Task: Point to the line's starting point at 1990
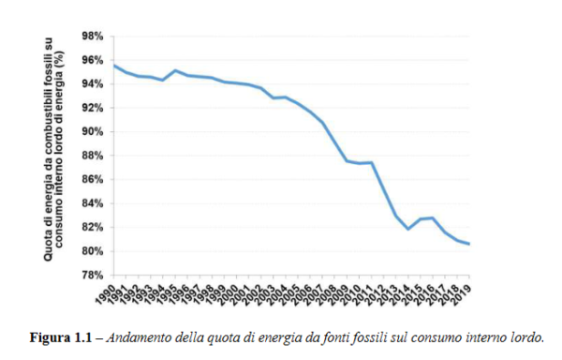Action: coord(113,65)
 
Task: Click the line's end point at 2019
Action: coord(469,244)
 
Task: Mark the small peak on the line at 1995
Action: coord(175,70)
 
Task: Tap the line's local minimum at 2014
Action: coord(408,229)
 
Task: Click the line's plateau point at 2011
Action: coord(372,162)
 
